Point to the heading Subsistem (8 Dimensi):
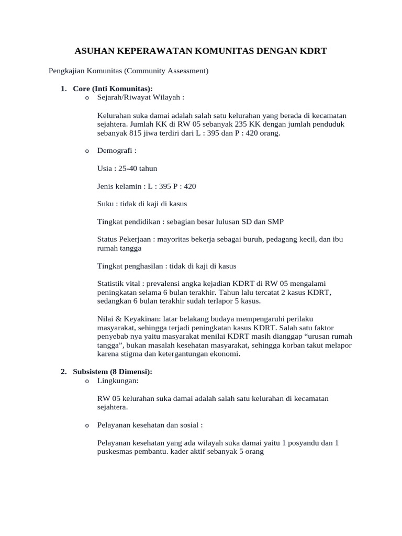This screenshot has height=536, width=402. point(113,371)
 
